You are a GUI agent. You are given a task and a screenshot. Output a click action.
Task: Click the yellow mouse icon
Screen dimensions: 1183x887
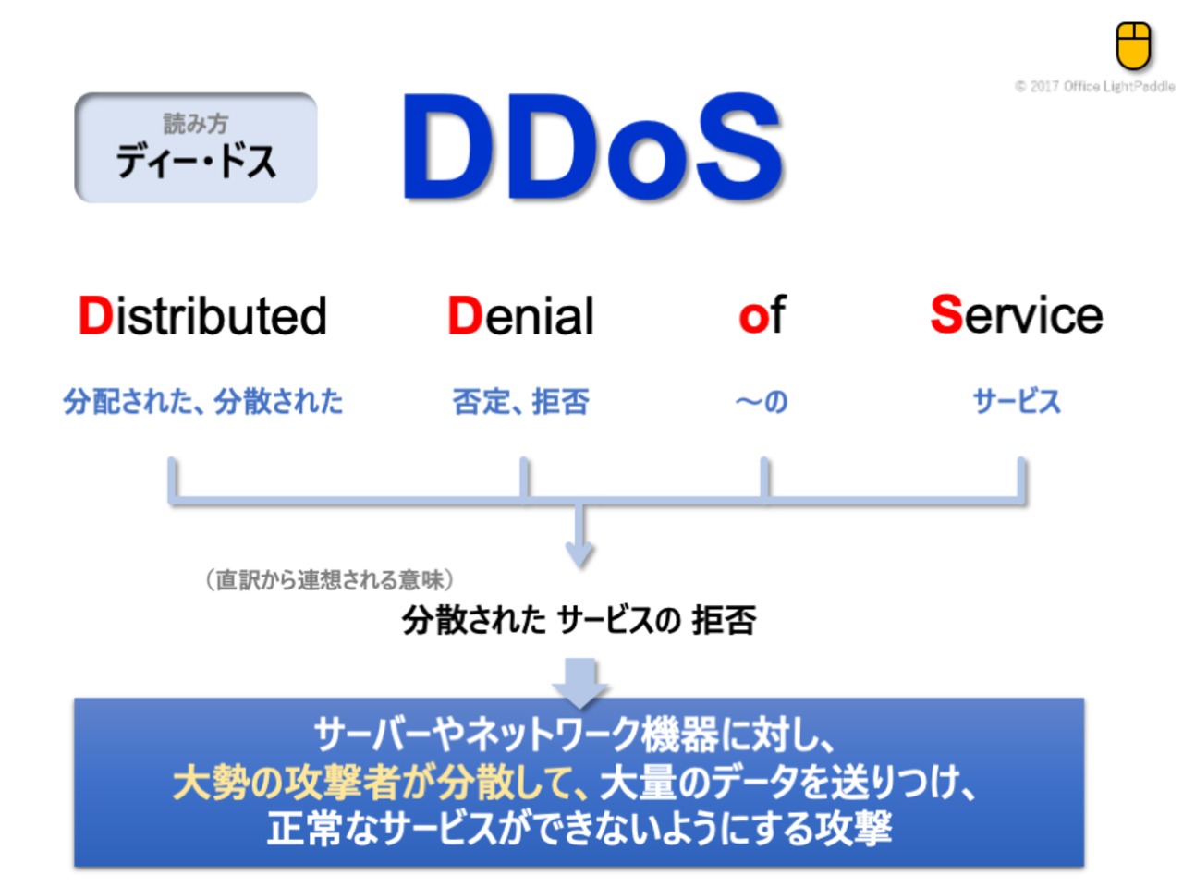click(1133, 46)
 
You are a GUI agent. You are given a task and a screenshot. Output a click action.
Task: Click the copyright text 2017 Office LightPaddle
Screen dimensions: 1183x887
click(1094, 86)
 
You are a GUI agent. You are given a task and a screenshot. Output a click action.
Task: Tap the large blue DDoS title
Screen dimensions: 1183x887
click(591, 147)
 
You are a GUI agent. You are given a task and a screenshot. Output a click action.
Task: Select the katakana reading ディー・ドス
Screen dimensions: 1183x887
click(196, 162)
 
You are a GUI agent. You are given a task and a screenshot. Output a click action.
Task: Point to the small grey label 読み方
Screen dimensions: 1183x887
click(196, 123)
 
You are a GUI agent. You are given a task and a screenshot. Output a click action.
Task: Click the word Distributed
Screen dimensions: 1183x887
click(202, 316)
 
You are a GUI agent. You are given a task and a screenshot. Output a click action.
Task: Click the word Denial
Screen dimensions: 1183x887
click(520, 316)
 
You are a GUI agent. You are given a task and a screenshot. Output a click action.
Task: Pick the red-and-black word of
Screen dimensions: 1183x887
click(762, 314)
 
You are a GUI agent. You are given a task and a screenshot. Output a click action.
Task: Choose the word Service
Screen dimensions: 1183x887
click(1017, 314)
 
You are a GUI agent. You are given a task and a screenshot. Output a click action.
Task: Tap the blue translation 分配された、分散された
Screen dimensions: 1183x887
click(202, 402)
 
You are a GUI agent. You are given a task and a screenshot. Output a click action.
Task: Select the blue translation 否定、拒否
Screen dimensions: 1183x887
click(520, 402)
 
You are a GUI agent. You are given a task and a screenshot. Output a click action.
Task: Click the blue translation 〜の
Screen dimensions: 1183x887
click(762, 402)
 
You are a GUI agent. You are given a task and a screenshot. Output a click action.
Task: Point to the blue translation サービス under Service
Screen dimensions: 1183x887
click(1017, 402)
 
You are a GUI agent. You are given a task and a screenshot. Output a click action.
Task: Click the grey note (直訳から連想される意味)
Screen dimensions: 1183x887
click(329, 580)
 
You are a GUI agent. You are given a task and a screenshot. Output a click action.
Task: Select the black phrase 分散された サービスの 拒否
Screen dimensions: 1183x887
click(579, 620)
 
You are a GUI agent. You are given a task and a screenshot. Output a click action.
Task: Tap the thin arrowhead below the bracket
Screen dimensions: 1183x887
click(579, 554)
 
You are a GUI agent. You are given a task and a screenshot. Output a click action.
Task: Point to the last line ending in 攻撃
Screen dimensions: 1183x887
click(579, 828)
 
